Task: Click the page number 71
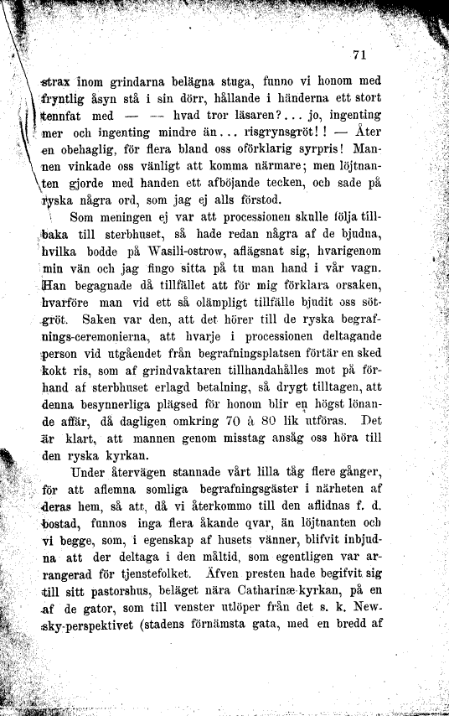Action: (x=361, y=55)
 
